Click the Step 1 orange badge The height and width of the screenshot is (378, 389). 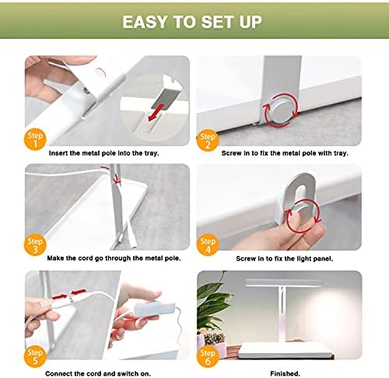(35, 140)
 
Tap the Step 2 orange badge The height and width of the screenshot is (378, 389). (208, 140)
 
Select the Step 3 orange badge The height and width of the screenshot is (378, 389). (35, 244)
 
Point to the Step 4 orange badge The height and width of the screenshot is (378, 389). (208, 244)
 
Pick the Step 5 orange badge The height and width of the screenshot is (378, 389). (35, 356)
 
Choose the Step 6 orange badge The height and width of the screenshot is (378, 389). (208, 356)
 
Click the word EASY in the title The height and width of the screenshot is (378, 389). (145, 22)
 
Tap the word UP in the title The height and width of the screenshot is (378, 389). (251, 22)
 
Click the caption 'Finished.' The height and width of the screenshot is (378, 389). (285, 373)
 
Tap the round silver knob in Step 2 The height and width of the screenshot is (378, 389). (281, 110)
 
